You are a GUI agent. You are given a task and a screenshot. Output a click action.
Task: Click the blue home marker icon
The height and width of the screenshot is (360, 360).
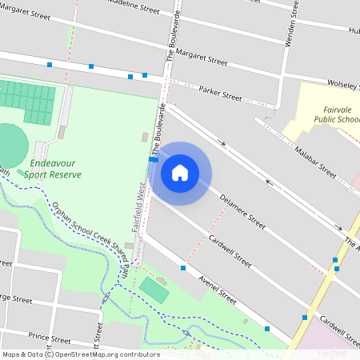(x=180, y=172)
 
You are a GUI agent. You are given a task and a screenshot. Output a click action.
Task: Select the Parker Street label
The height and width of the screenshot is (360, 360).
(x=220, y=94)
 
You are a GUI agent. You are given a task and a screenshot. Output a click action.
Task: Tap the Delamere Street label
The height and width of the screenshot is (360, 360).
(x=242, y=210)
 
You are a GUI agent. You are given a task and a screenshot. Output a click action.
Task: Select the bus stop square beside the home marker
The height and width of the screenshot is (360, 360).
(x=152, y=159)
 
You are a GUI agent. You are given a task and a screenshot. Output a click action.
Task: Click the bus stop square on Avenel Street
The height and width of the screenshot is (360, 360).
(x=183, y=268)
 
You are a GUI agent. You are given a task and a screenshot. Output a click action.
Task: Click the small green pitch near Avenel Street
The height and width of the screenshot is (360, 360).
(x=154, y=289)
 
